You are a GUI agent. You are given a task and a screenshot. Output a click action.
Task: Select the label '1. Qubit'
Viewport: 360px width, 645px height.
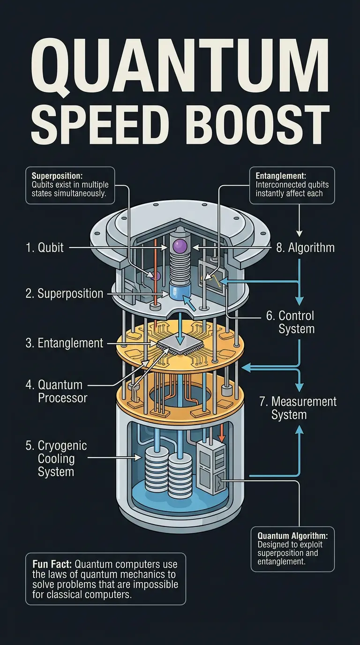pyautogui.click(x=45, y=247)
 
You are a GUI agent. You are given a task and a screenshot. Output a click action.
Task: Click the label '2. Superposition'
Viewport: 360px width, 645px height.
pyautogui.click(x=64, y=294)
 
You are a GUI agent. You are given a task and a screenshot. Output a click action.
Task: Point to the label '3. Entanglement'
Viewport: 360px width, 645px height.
pyautogui.click(x=64, y=343)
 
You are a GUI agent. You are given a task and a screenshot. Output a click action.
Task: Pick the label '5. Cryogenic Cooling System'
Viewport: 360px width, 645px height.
pyautogui.click(x=56, y=458)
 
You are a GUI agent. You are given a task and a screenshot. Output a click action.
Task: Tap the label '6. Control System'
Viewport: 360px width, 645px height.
pyautogui.click(x=290, y=322)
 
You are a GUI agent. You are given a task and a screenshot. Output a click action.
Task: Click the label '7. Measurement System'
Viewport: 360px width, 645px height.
pyautogui.click(x=298, y=408)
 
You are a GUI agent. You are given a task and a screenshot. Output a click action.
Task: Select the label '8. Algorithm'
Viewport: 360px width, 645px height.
pyautogui.click(x=305, y=247)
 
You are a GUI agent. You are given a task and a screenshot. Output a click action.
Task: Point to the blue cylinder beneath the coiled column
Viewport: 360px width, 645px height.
pyautogui.click(x=178, y=292)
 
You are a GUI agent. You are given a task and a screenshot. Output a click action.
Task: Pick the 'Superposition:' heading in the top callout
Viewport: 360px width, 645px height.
pyautogui.click(x=57, y=175)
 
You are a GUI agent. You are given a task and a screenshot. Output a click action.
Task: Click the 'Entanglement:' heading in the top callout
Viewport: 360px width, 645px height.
pyautogui.click(x=281, y=175)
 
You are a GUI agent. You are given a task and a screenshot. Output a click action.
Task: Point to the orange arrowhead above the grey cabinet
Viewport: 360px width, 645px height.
pyautogui.click(x=222, y=438)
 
